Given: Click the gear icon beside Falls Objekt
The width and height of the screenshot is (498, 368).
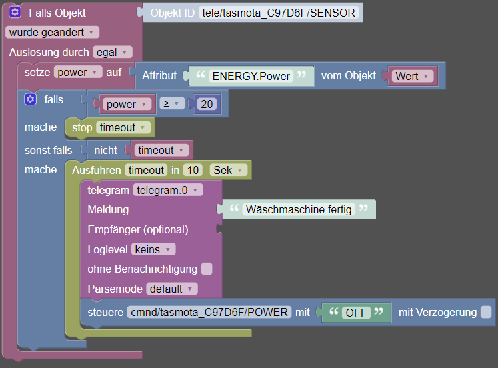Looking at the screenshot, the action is [15, 13].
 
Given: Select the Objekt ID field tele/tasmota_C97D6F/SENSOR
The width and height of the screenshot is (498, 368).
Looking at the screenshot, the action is [279, 13].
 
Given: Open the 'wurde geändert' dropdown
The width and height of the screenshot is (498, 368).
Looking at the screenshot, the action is [52, 32].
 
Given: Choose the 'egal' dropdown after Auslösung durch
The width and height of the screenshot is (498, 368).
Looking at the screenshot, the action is [113, 52].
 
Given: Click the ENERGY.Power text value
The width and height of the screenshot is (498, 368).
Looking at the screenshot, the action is [251, 76].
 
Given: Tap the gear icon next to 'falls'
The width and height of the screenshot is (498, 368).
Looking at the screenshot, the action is [30, 99].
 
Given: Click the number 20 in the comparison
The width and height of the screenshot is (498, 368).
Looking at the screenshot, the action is [207, 104].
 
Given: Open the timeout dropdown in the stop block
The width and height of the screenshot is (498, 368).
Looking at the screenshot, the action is [123, 127].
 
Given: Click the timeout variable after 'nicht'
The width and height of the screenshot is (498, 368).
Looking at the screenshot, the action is [161, 150].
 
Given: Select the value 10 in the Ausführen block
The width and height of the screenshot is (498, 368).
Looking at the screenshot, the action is [193, 170].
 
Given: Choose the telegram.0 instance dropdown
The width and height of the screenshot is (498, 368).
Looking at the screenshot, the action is [168, 190].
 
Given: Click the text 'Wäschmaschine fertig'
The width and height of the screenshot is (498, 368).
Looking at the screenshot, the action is [299, 209].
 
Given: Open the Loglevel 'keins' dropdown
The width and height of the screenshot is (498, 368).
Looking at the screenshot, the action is [153, 249].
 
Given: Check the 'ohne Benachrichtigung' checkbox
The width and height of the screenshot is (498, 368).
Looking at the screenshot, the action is [207, 269].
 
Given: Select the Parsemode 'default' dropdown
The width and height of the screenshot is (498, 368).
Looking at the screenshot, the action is [172, 289].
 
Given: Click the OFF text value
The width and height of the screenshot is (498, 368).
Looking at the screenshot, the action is [356, 313].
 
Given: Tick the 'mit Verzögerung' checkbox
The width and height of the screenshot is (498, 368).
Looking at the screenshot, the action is [486, 312].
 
